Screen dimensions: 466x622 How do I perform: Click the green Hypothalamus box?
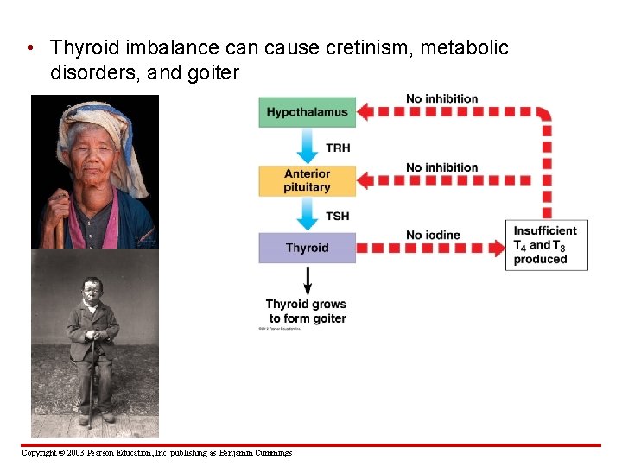click(x=308, y=112)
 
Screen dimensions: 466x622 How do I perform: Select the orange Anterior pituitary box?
click(x=308, y=180)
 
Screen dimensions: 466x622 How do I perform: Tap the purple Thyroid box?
click(x=308, y=248)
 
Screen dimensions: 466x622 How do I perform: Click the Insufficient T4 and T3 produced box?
click(x=546, y=245)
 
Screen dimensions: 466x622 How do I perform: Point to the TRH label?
click(x=338, y=148)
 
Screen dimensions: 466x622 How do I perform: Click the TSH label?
click(x=338, y=216)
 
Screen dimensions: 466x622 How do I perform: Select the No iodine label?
click(x=434, y=235)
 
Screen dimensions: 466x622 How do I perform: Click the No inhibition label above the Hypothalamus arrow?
click(x=442, y=98)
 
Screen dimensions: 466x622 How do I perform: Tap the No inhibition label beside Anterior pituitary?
click(x=442, y=167)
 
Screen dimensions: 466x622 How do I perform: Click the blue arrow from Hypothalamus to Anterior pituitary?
click(x=308, y=146)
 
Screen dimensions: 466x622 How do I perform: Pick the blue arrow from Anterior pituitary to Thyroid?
click(x=308, y=214)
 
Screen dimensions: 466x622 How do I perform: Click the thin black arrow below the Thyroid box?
click(x=308, y=280)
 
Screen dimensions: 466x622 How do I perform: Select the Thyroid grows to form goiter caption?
click(x=307, y=312)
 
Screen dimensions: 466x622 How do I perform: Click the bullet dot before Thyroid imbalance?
click(x=30, y=48)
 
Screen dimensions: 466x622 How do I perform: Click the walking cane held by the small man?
click(x=92, y=380)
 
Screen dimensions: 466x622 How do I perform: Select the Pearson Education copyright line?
click(x=156, y=453)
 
